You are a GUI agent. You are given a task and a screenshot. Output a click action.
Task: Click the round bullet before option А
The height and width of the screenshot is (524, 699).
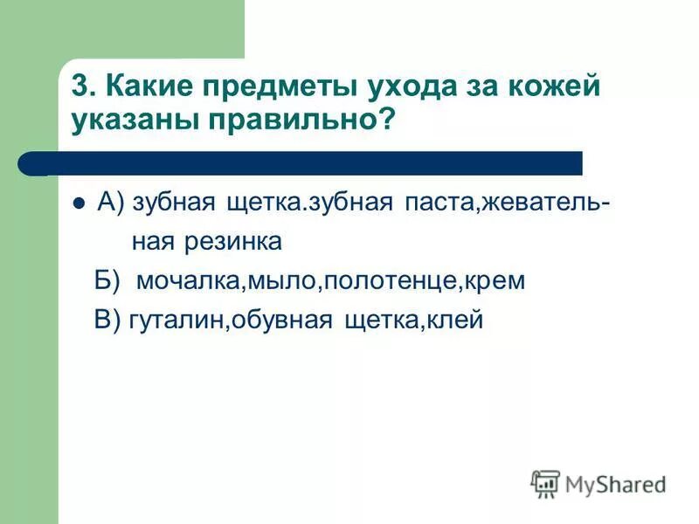79,203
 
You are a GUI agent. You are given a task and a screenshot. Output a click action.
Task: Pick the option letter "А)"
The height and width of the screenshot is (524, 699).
114,203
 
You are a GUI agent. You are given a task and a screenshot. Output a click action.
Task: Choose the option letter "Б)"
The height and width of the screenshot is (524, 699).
107,281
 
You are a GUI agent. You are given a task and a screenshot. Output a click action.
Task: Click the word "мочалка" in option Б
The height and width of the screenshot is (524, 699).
189,282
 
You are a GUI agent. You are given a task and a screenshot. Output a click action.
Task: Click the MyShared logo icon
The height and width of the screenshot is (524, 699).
545,483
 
